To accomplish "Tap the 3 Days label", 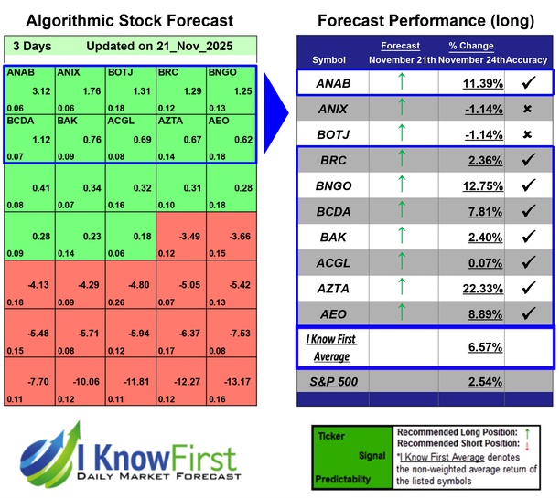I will click(x=33, y=46).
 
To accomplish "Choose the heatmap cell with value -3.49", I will click(x=181, y=237).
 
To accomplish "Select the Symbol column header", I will click(x=329, y=59).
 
